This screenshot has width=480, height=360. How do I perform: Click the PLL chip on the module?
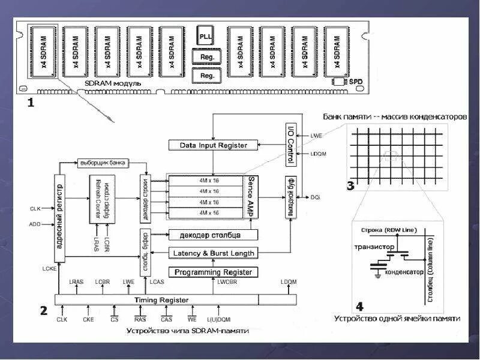point(206,36)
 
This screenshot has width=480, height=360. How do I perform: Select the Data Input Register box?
point(214,145)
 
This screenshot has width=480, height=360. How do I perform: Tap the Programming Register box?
point(214,272)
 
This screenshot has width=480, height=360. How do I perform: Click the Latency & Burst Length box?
point(213,253)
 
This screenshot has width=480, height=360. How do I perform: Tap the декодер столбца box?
point(213,235)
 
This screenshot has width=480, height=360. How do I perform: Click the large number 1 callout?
point(31,103)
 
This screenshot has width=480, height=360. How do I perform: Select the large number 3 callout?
point(350,185)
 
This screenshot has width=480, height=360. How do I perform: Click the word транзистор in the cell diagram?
point(374,247)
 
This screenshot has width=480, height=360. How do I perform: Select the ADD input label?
point(35,224)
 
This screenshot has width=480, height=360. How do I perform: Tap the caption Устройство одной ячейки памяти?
point(398,319)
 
